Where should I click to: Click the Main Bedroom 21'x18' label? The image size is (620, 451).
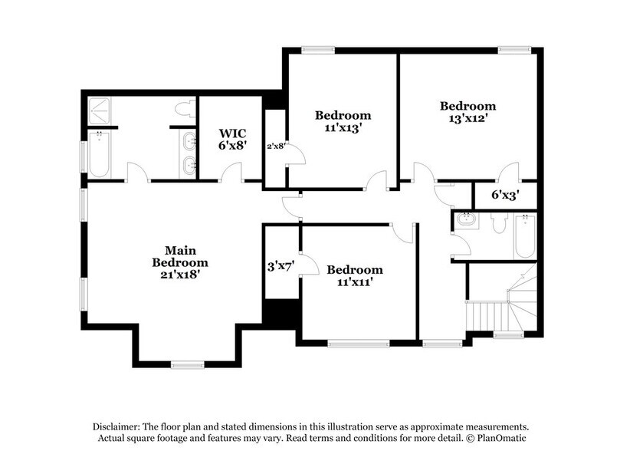point(180,262)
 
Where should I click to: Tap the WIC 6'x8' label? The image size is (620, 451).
point(232,138)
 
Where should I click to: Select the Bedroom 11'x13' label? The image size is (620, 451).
point(343,122)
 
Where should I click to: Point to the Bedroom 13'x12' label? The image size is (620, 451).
point(467,112)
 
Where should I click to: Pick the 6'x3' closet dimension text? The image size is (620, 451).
point(505,196)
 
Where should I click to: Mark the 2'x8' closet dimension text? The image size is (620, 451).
point(276,146)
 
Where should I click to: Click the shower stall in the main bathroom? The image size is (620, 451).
point(101,110)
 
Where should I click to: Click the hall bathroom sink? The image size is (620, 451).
point(466,220)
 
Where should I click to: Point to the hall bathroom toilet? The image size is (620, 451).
point(498,223)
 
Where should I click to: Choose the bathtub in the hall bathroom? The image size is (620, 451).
point(525,235)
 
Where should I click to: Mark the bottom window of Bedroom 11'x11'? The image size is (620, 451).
point(358,344)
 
